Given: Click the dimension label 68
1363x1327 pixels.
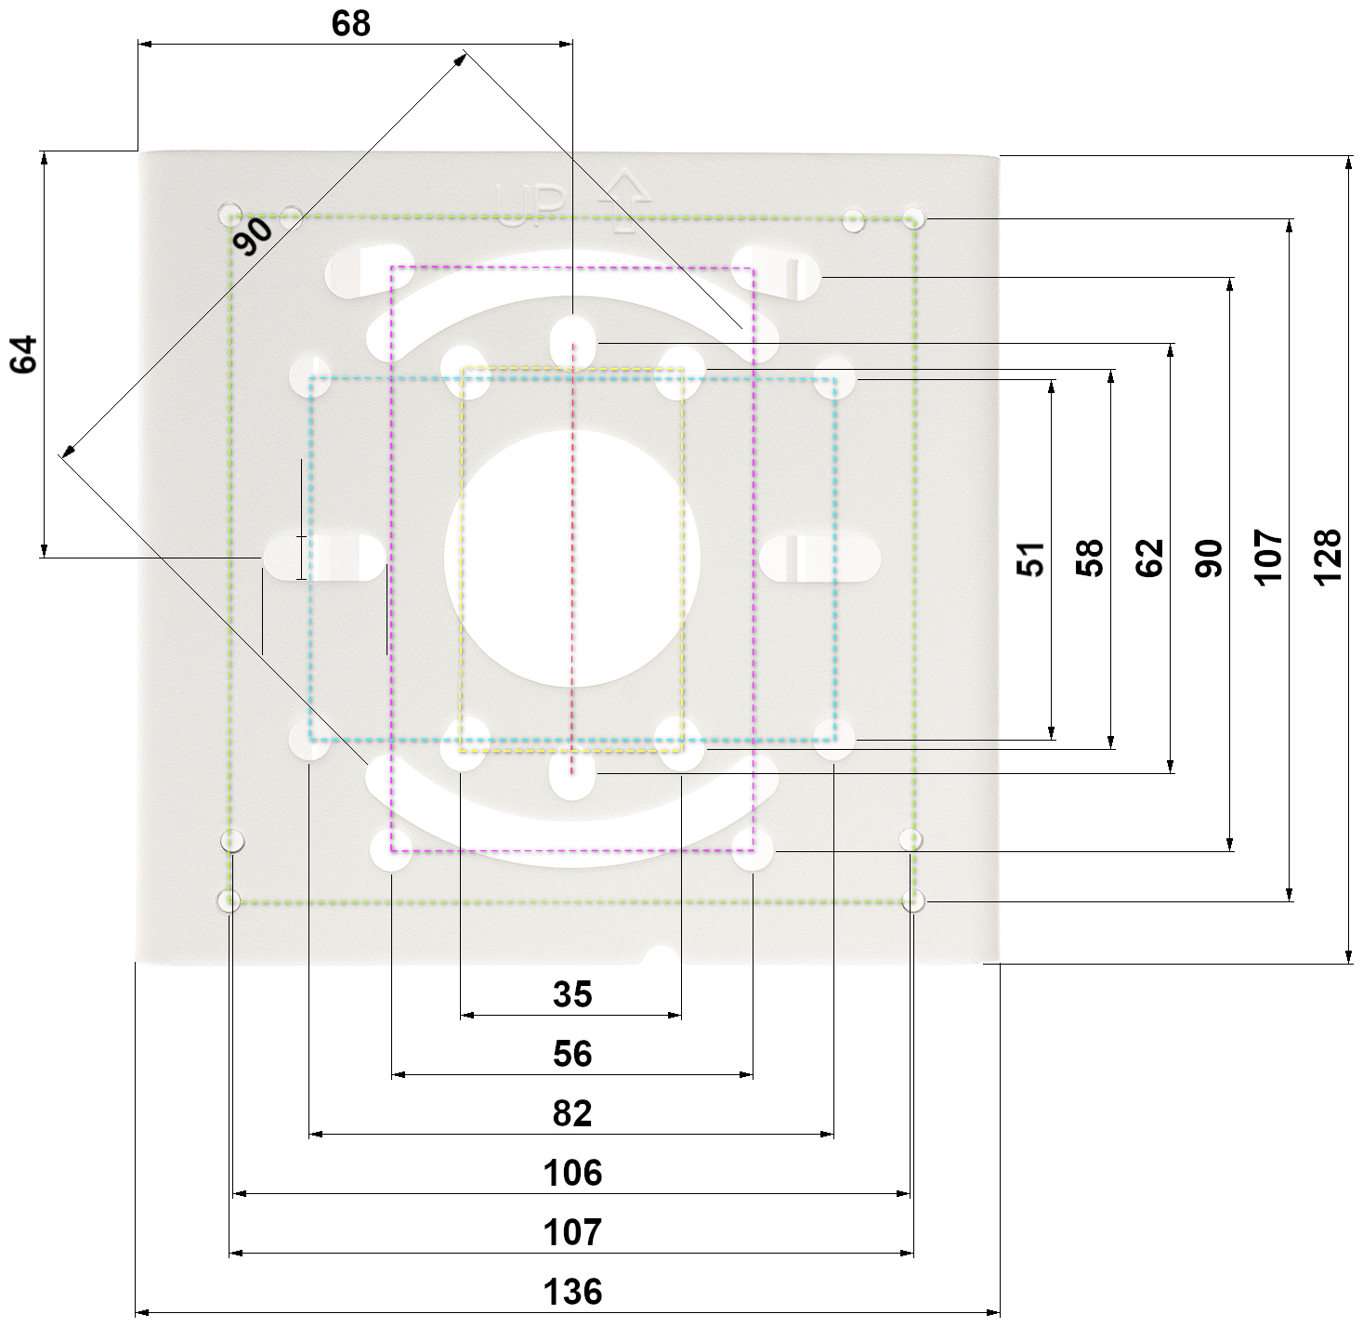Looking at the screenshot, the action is (x=350, y=24).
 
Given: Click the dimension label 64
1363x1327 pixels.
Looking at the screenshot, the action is (x=24, y=355).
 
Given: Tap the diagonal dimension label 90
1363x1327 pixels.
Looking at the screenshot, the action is (x=253, y=236).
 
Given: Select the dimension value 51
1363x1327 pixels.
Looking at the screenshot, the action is (x=1030, y=558).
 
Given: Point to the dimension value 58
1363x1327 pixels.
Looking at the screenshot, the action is (x=1090, y=558).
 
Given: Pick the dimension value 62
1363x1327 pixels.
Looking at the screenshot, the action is (x=1149, y=558).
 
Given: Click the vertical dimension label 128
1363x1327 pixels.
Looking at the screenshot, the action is (x=1328, y=558).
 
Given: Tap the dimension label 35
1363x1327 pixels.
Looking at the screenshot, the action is (x=572, y=995).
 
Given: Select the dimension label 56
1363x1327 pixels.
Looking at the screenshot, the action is (x=572, y=1055).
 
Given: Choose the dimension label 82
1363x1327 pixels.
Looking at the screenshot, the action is (x=572, y=1113).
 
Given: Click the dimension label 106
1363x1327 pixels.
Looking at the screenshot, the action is (x=572, y=1173).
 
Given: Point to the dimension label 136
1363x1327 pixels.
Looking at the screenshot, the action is (x=572, y=1292).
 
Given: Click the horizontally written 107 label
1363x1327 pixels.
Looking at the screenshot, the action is (x=572, y=1232).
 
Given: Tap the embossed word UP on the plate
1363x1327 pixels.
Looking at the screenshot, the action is (x=529, y=205).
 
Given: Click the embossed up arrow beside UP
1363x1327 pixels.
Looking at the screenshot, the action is (x=623, y=201).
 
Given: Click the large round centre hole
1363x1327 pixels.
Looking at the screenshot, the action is (x=572, y=558).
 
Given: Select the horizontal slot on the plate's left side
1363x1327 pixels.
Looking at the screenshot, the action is (x=324, y=558).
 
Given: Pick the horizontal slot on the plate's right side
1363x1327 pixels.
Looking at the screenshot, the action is (x=819, y=558).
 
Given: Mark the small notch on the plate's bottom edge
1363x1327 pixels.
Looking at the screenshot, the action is (x=659, y=954).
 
